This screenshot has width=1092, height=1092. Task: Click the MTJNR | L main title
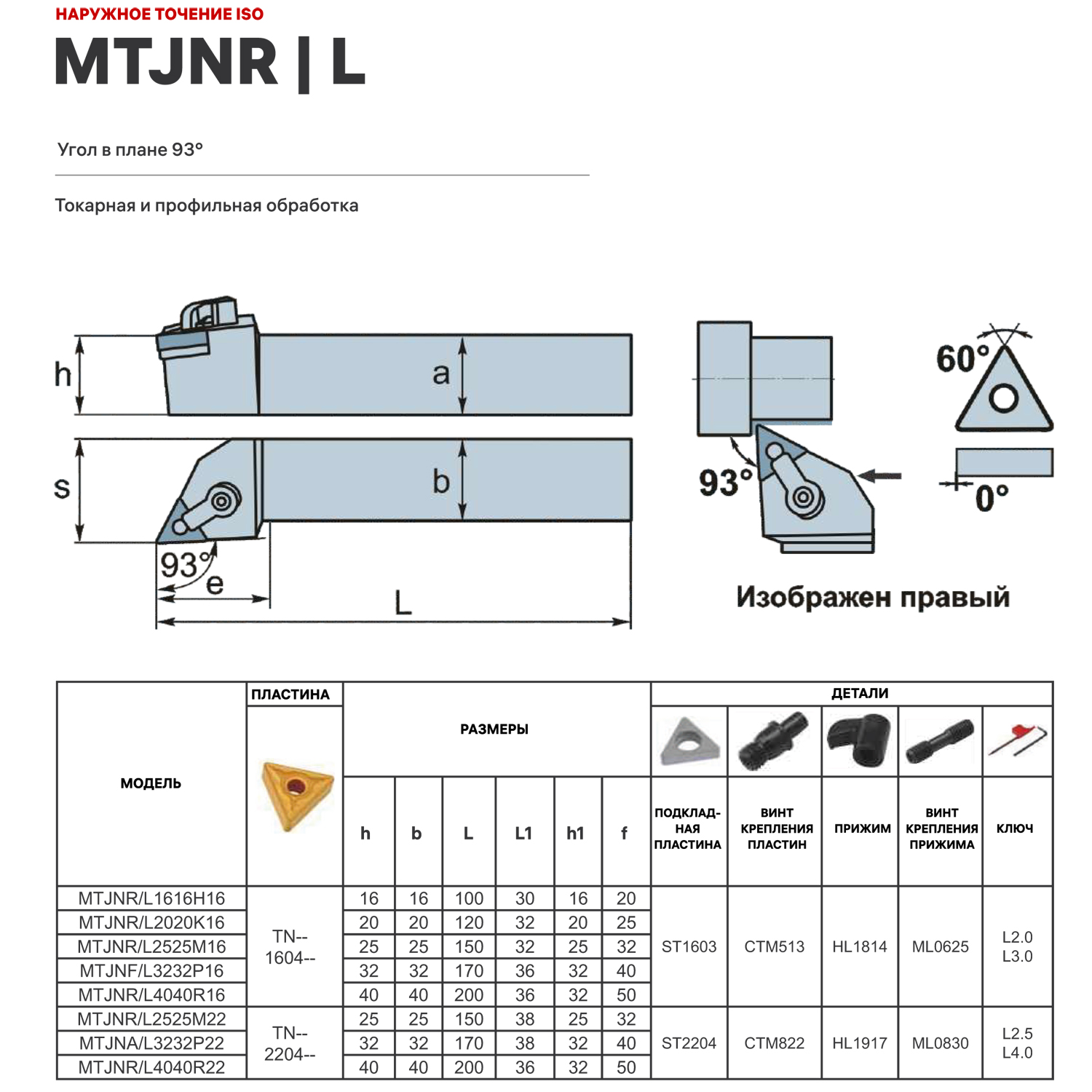coord(210,63)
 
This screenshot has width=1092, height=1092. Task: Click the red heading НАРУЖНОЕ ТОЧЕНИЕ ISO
coord(159,14)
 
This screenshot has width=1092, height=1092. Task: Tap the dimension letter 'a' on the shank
coord(441,374)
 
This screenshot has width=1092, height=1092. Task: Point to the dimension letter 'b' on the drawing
coord(441,482)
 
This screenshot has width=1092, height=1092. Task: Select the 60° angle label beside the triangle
coord(962,359)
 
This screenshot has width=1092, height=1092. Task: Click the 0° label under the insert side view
coord(992,499)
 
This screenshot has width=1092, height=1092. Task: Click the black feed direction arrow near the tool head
coord(880,475)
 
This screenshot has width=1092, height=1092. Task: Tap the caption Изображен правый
coord(872,597)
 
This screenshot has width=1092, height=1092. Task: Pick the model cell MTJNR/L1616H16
coord(151,898)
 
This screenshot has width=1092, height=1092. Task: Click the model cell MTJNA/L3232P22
coord(151,1043)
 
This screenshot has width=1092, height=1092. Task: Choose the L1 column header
coord(523,833)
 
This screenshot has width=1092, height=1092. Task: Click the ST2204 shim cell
coord(689,1043)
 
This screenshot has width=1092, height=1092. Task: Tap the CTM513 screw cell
coord(774,946)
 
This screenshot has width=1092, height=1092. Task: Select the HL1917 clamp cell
coord(860,1043)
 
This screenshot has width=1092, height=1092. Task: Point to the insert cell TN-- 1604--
coord(290,946)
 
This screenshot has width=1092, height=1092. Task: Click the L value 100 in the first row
coord(469,898)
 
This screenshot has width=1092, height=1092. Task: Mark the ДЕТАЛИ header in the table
coord(859,693)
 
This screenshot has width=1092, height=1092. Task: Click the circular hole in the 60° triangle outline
coord(1004,398)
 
